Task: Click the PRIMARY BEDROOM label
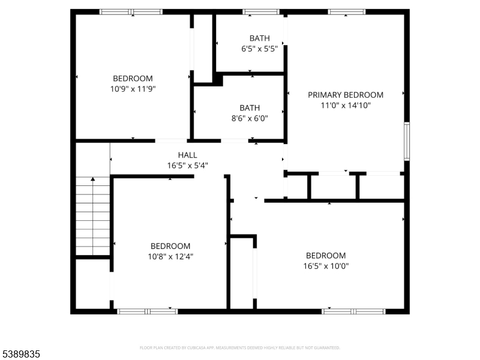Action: click(x=345, y=95)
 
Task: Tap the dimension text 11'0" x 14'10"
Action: click(x=345, y=105)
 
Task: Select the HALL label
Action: click(x=187, y=155)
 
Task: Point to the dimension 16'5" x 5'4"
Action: click(x=187, y=165)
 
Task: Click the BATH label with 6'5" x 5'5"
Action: click(x=251, y=38)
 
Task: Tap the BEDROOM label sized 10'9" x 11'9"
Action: click(x=133, y=79)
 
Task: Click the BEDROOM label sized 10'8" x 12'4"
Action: click(x=170, y=246)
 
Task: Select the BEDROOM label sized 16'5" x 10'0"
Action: click(x=326, y=255)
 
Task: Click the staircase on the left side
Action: click(x=93, y=216)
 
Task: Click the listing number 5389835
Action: click(x=21, y=355)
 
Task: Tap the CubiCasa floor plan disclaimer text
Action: click(x=240, y=347)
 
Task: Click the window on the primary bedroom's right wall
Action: click(x=406, y=141)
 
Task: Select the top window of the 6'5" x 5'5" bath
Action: click(x=261, y=11)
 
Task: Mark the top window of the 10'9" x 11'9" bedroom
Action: click(x=131, y=11)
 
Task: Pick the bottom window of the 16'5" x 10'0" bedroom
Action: click(x=353, y=311)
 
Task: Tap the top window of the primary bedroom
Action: click(x=346, y=11)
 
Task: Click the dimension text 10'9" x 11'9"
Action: click(x=133, y=89)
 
